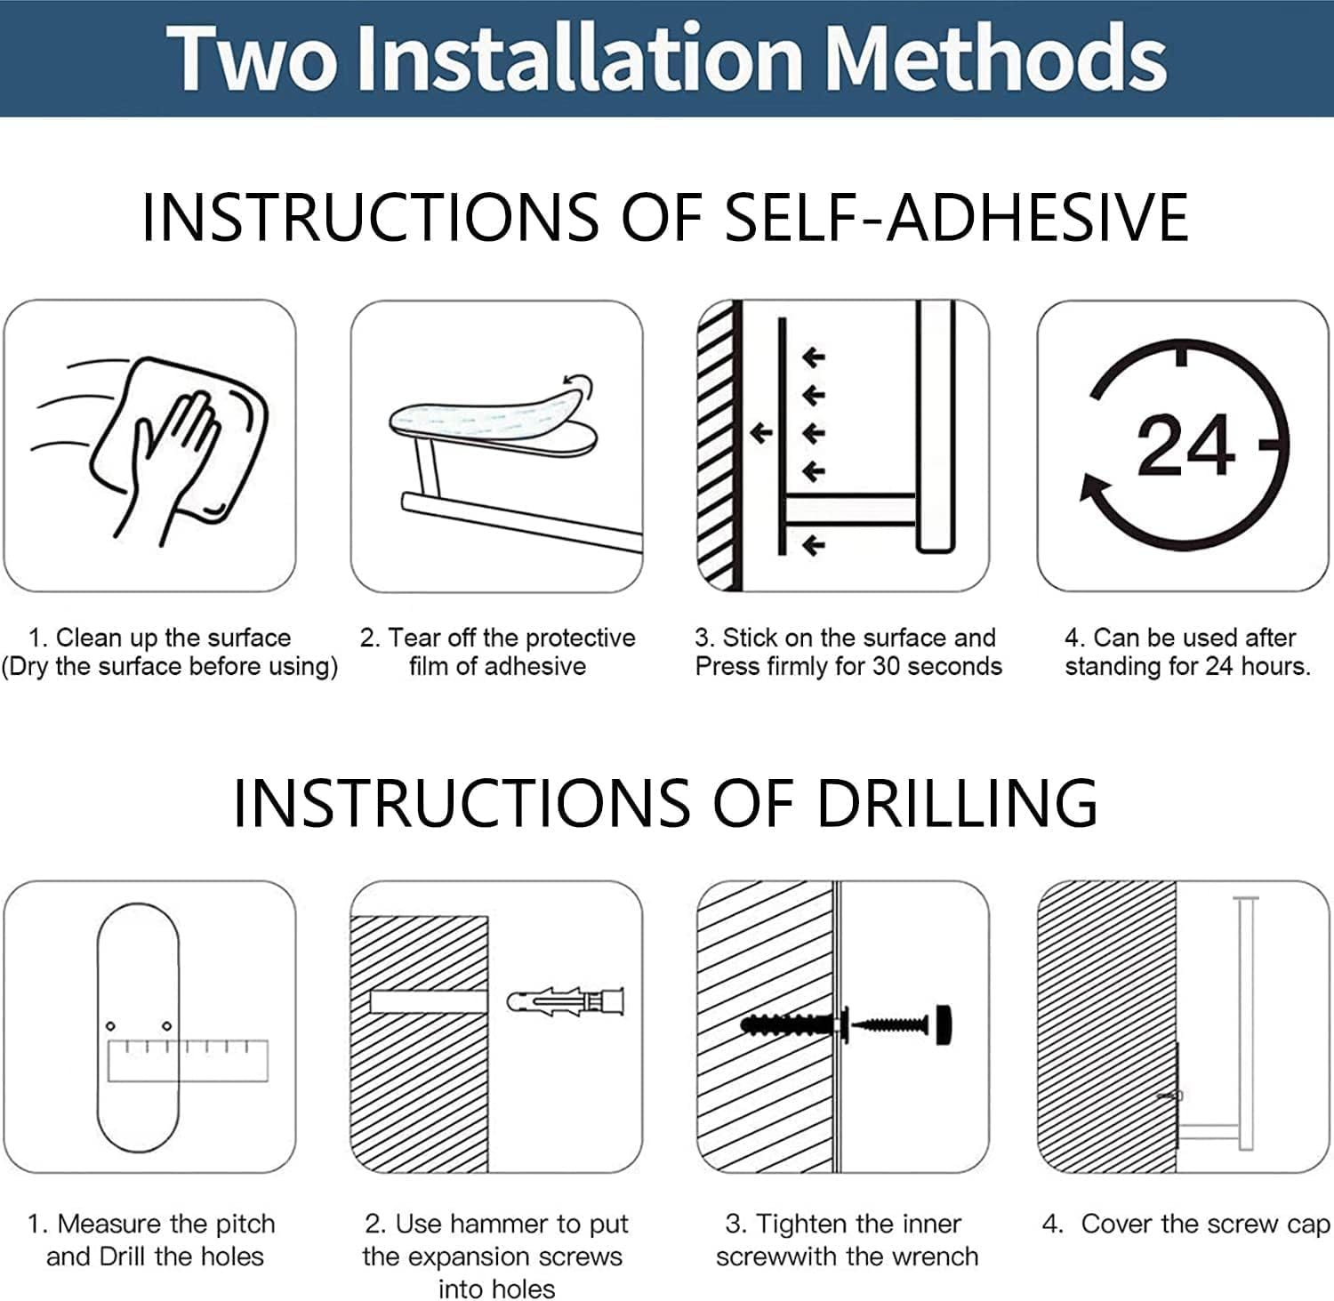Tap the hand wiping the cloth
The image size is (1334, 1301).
[x=173, y=462]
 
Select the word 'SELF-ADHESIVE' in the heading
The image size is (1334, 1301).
[x=957, y=217]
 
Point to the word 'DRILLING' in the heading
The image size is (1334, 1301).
[x=957, y=802]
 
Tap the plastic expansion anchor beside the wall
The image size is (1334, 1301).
[x=566, y=1002]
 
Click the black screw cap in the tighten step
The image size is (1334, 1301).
[x=944, y=1024]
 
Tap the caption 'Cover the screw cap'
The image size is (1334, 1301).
[x=1206, y=1225]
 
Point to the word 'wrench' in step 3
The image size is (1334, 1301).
[x=935, y=1257]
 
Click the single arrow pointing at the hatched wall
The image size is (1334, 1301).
[x=760, y=433]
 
